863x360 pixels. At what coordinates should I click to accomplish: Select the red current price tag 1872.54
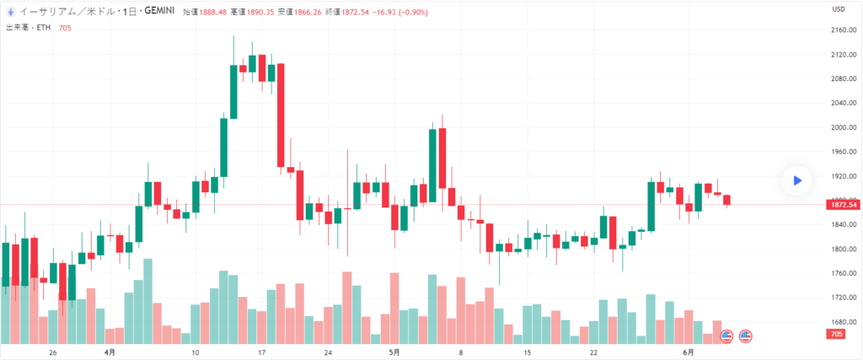pos(843,205)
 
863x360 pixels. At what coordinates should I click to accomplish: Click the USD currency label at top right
pos(839,9)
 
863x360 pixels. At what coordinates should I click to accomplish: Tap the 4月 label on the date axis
pos(110,352)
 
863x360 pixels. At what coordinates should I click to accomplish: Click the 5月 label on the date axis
pos(394,352)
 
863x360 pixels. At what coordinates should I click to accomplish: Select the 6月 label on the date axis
pos(688,352)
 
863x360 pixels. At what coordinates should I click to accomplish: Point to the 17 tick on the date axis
pos(262,352)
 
